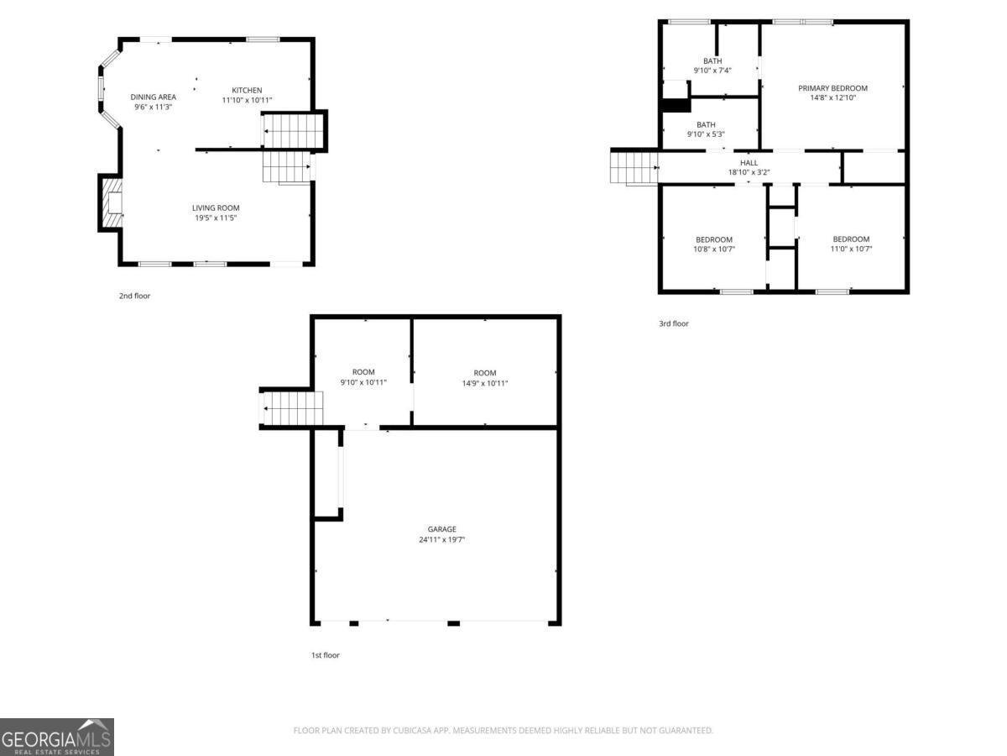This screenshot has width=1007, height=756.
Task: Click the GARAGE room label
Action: [441, 529]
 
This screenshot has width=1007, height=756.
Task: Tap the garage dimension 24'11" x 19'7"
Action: [441, 540]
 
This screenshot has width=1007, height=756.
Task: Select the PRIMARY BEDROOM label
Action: [832, 88]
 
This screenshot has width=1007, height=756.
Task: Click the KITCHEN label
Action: [247, 90]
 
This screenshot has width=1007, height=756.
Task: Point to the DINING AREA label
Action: [154, 97]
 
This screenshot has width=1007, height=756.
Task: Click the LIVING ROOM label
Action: [216, 207]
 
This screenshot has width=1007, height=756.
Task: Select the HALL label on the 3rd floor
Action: [749, 163]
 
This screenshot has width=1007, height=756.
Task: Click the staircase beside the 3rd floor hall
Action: [634, 166]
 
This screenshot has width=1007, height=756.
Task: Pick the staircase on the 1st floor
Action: [293, 409]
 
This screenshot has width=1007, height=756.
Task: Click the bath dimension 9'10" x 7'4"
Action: [712, 71]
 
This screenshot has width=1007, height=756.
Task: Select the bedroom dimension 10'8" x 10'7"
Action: [713, 249]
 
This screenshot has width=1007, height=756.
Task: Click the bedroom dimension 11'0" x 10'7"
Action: [850, 249]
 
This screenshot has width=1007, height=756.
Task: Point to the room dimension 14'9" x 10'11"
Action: [484, 383]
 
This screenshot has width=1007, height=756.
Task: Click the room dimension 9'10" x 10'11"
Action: [363, 382]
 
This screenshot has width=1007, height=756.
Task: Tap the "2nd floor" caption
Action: [134, 296]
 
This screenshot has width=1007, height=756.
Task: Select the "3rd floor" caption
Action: [673, 323]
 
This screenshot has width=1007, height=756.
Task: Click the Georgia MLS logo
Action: [56, 737]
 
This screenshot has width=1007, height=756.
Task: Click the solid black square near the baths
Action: [675, 106]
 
